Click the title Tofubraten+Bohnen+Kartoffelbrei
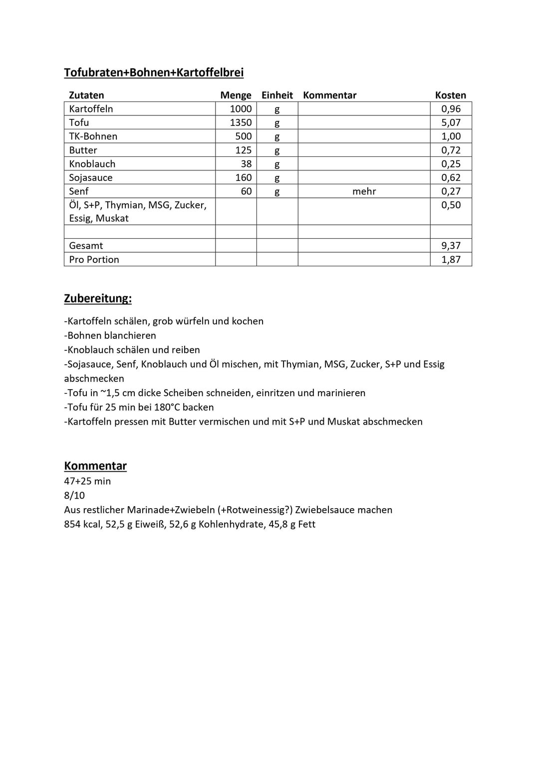[x=154, y=72]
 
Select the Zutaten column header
[x=86, y=95]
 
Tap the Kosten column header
[x=450, y=95]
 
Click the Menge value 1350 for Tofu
[x=241, y=122]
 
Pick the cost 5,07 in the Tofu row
[x=451, y=122]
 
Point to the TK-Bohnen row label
[x=93, y=136]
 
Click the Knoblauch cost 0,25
[x=451, y=164]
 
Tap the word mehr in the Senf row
[x=364, y=191]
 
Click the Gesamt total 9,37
[x=451, y=245]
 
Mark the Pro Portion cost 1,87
[x=451, y=259]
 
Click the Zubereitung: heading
[x=98, y=298]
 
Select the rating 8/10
[x=74, y=495]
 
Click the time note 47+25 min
[x=87, y=481]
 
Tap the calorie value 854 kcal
[x=82, y=524]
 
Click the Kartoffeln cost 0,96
[x=451, y=109]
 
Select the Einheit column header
[x=277, y=95]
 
